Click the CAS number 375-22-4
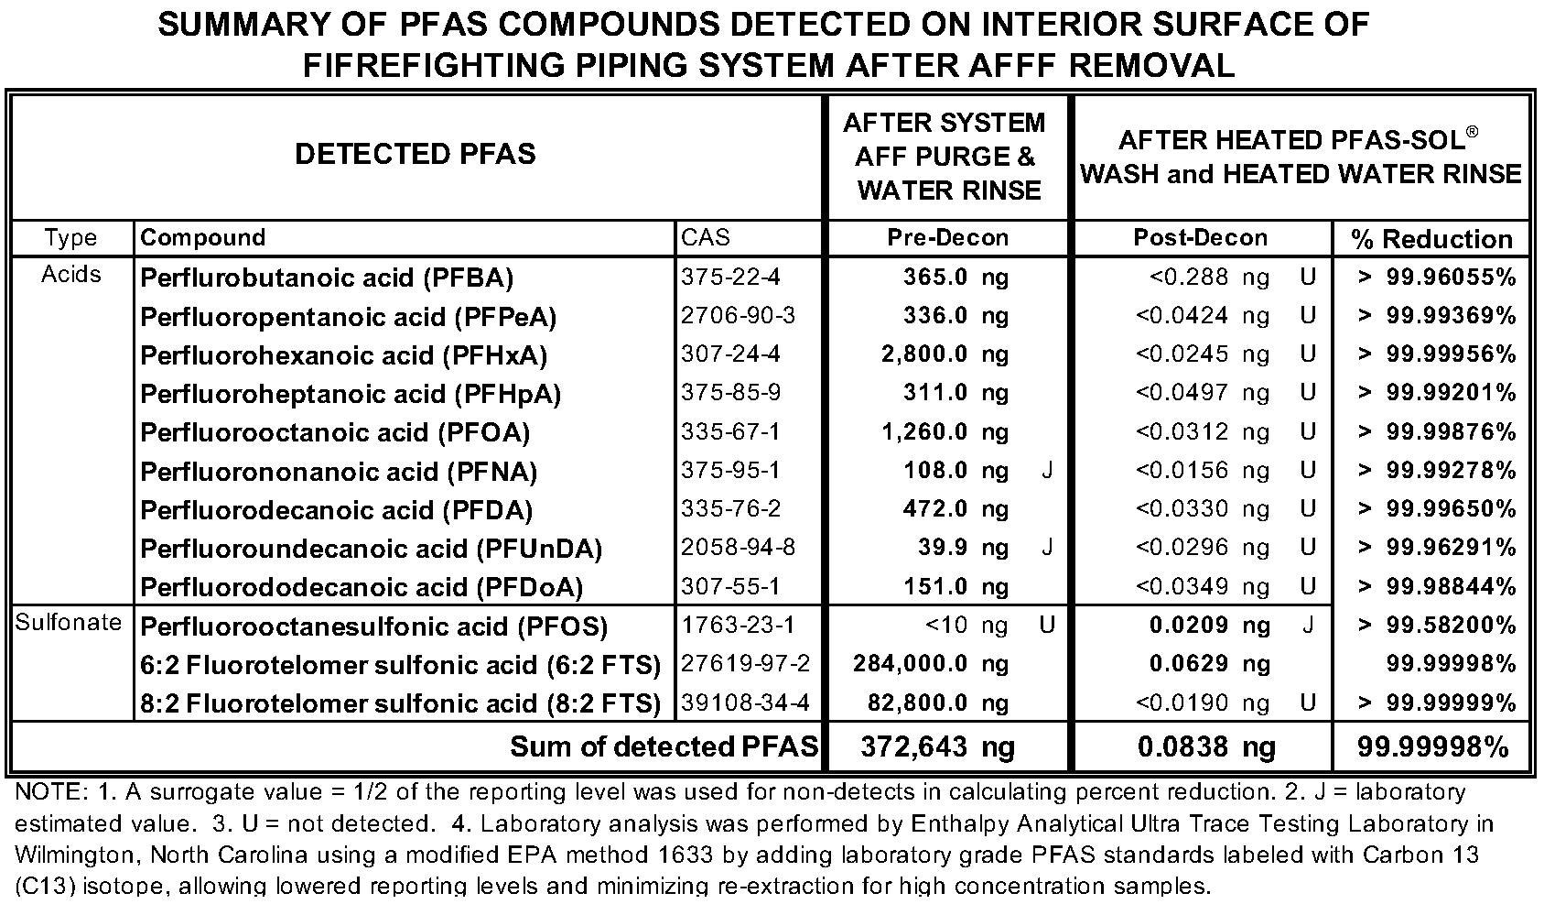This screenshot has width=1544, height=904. tap(730, 277)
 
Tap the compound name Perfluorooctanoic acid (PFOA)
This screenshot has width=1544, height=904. tap(335, 432)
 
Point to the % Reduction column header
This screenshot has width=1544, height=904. tap(1431, 239)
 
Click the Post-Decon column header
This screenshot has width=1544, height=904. tap(1200, 238)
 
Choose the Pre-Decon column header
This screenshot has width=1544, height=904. tap(947, 238)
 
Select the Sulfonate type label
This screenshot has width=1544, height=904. tap(69, 623)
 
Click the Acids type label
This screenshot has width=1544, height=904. tap(70, 275)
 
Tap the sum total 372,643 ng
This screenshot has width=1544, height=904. tap(937, 747)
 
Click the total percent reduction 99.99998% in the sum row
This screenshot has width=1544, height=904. tap(1432, 747)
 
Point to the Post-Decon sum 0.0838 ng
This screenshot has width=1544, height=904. tap(1205, 747)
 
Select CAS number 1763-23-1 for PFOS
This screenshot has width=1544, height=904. tap(738, 626)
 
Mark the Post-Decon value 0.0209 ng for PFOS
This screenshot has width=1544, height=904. tap(1209, 626)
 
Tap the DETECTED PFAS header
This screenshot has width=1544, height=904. tap(415, 154)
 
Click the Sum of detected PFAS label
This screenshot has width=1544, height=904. tap(664, 747)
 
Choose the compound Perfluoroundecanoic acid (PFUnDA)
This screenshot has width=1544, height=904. tap(371, 549)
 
